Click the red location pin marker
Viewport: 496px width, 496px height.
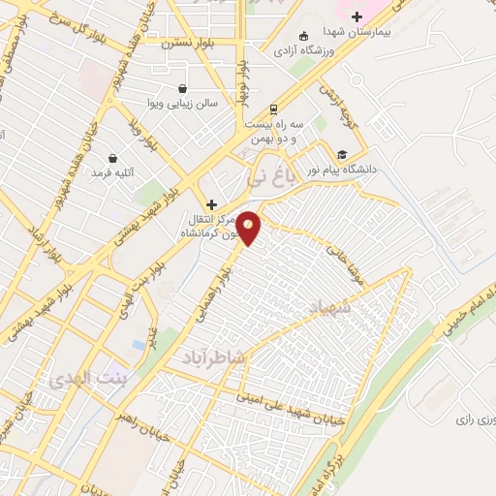pyautogui.click(x=249, y=226)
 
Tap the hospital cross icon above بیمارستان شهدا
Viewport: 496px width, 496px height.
pyautogui.click(x=356, y=15)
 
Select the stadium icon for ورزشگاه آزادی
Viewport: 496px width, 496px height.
pyautogui.click(x=304, y=36)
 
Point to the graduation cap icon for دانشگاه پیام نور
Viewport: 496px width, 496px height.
pyautogui.click(x=341, y=154)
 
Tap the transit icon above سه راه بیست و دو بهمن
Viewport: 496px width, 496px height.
pyautogui.click(x=274, y=108)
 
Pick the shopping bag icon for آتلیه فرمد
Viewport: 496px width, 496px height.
pyautogui.click(x=113, y=158)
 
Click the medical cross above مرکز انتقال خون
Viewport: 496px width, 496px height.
pyautogui.click(x=211, y=204)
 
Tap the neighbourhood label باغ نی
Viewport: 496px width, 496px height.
pyautogui.click(x=268, y=177)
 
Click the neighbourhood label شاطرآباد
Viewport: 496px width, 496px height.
pyautogui.click(x=215, y=357)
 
